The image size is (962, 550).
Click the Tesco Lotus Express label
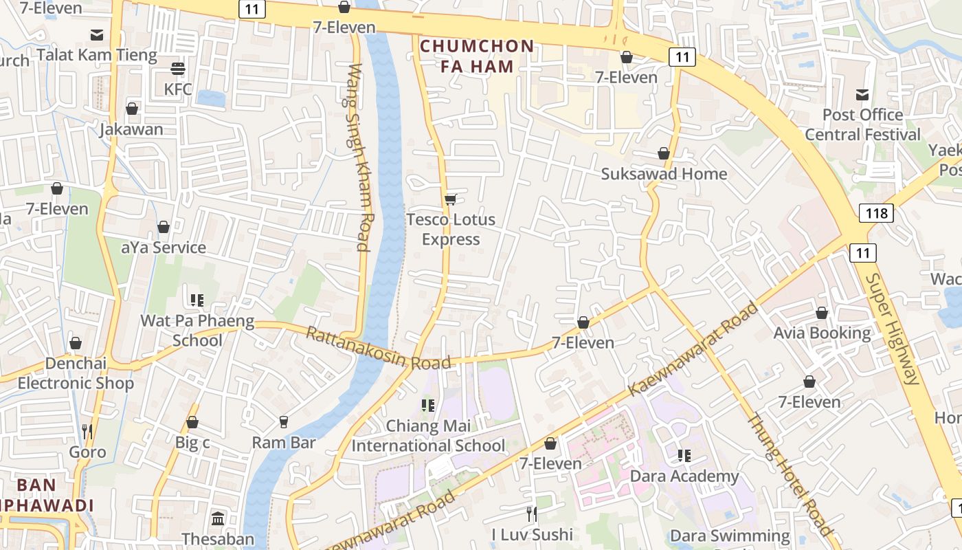pyautogui.click(x=450, y=229)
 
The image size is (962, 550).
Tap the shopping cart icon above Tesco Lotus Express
pyautogui.click(x=450, y=199)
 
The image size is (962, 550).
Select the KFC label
pyautogui.click(x=178, y=89)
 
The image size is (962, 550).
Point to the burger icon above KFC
pyautogui.click(x=178, y=69)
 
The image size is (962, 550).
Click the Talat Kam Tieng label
pyautogui.click(x=97, y=55)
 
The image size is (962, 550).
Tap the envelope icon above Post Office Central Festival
pyautogui.click(x=862, y=94)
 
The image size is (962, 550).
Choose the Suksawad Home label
pyautogui.click(x=664, y=174)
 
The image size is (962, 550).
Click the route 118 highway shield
pyautogui.click(x=876, y=213)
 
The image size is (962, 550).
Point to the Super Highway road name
pyautogui.click(x=892, y=329)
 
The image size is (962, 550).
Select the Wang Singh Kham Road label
pyautogui.click(x=360, y=157)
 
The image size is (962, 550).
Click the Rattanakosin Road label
pyautogui.click(x=378, y=349)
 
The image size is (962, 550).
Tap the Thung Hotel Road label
pyautogui.click(x=790, y=474)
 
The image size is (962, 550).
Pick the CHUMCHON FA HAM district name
pyautogui.click(x=476, y=56)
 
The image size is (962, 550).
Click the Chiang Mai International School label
pyautogui.click(x=428, y=435)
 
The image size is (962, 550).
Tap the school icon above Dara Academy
pyautogui.click(x=684, y=455)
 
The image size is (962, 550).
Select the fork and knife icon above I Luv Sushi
pyautogui.click(x=531, y=514)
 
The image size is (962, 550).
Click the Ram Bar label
pyautogui.click(x=284, y=442)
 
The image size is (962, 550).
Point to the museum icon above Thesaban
pyautogui.click(x=218, y=518)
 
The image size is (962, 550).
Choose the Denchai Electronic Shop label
pyautogui.click(x=76, y=373)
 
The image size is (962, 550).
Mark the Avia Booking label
pyautogui.click(x=822, y=333)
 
